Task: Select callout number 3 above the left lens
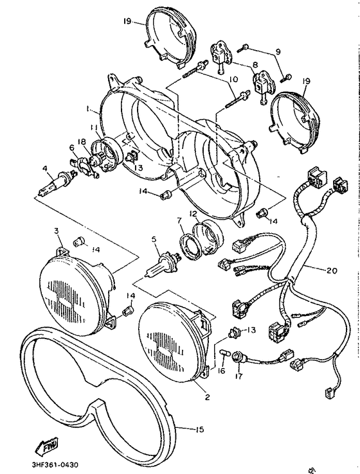click(x=57, y=231)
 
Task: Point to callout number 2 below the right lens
click(x=207, y=398)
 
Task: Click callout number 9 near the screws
click(x=278, y=51)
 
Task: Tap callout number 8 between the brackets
click(x=255, y=65)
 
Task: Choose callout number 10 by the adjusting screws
click(x=233, y=80)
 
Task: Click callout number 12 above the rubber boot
click(x=193, y=214)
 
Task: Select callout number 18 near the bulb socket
click(x=82, y=142)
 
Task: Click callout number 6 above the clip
click(x=72, y=147)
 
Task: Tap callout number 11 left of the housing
click(x=93, y=128)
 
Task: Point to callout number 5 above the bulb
click(x=154, y=240)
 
